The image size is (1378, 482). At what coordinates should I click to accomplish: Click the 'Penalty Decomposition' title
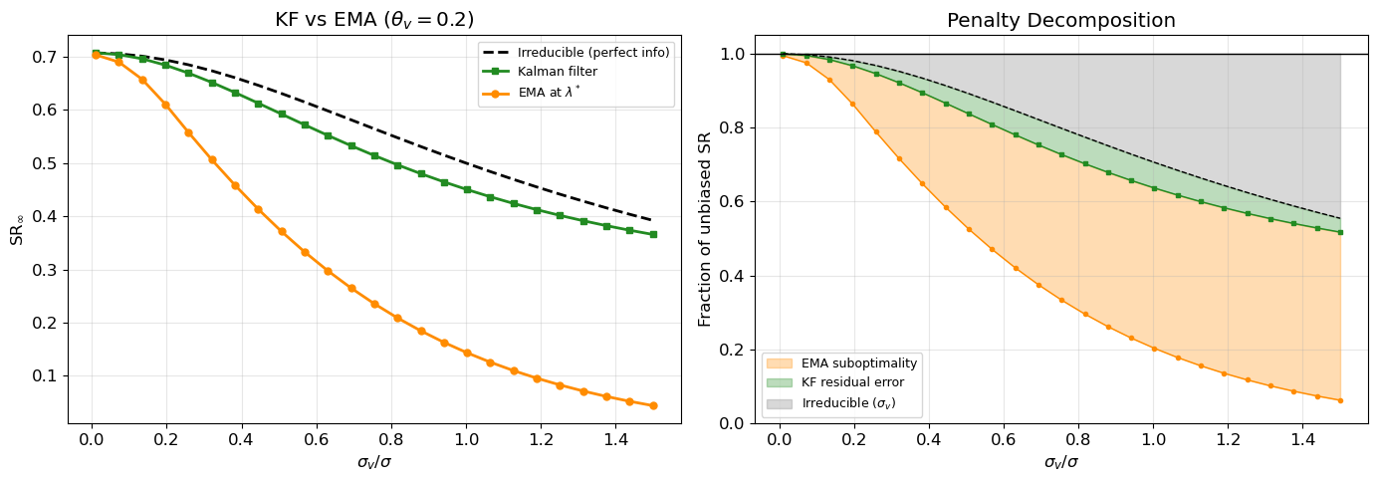(x=1060, y=20)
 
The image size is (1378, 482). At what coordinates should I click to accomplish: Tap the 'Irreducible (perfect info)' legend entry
(x=593, y=52)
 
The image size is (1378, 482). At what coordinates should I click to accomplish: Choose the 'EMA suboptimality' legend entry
(x=859, y=363)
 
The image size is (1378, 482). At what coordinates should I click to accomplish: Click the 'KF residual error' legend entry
(x=854, y=383)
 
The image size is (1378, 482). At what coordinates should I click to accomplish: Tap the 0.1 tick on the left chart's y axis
(x=44, y=376)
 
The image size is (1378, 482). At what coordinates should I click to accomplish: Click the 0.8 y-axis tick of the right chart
(x=731, y=127)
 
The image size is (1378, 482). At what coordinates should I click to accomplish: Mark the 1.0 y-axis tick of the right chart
(x=731, y=54)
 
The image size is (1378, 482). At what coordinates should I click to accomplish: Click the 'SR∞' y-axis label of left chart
(x=17, y=229)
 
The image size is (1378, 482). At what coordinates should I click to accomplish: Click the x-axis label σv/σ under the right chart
(x=1060, y=462)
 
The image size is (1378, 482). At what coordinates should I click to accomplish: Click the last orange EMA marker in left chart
(x=653, y=405)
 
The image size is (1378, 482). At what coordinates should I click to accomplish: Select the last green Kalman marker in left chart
(x=653, y=235)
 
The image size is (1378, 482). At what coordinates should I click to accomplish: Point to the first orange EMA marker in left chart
(x=96, y=55)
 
